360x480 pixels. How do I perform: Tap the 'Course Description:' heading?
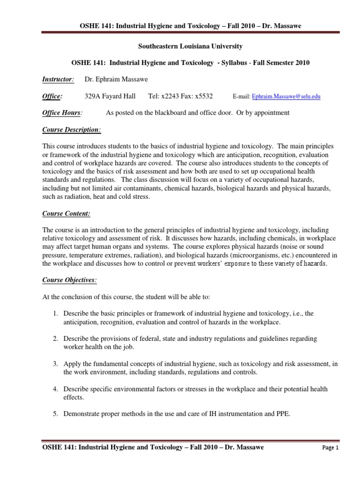(x=72, y=129)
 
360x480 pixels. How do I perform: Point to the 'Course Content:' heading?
(x=66, y=214)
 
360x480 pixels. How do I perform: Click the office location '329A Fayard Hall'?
(x=110, y=96)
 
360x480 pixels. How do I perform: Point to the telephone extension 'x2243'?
(x=172, y=96)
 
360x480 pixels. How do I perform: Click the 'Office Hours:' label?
(x=62, y=112)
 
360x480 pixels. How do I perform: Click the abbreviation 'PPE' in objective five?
(x=283, y=413)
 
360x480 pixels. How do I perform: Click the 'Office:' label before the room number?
(x=52, y=96)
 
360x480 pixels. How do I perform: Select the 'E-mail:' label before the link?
(x=241, y=97)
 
